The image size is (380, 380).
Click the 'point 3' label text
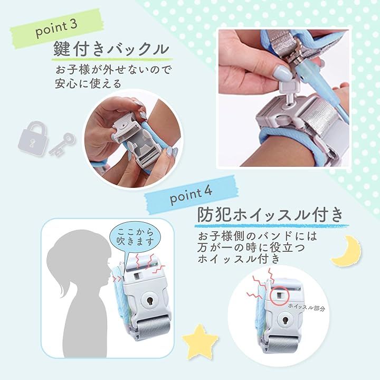(x=56, y=28)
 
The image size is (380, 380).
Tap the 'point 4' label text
(x=191, y=196)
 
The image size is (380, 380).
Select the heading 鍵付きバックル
(x=111, y=49)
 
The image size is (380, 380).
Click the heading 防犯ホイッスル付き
(x=270, y=215)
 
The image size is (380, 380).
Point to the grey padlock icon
(x=33, y=138)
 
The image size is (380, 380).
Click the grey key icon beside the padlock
(x=62, y=144)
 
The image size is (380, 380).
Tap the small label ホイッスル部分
(x=307, y=307)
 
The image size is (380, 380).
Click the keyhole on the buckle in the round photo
(x=285, y=320)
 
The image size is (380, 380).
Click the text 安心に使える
(x=88, y=83)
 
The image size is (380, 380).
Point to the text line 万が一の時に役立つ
(x=251, y=248)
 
